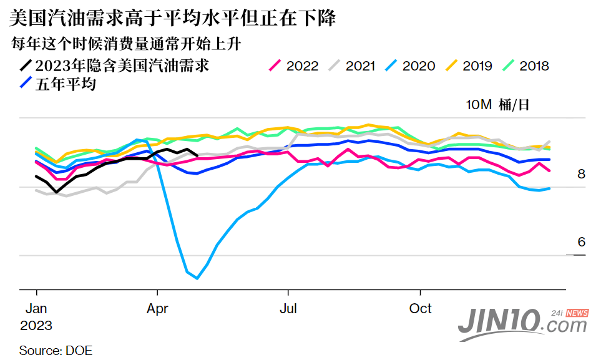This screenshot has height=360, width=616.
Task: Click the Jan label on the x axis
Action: [x=36, y=309]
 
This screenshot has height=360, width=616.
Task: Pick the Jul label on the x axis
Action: [x=288, y=309]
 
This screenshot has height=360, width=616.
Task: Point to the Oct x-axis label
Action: [x=421, y=309]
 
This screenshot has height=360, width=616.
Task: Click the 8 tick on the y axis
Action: [x=581, y=174]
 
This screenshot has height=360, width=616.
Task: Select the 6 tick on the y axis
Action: [x=581, y=242]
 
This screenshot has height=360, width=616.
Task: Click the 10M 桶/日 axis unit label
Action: [x=497, y=104]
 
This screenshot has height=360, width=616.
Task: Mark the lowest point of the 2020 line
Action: [x=197, y=278]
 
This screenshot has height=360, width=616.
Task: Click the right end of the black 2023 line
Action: [x=197, y=156]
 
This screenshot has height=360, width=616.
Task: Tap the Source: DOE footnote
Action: [x=56, y=350]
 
